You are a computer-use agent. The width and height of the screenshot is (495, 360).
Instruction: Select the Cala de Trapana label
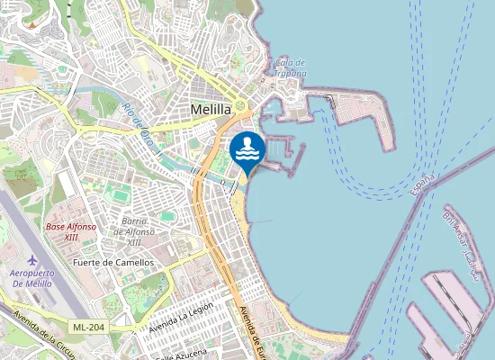click(x=291, y=67)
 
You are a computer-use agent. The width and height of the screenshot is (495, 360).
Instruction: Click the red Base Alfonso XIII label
click(x=71, y=232)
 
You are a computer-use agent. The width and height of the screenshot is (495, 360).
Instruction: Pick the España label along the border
click(x=420, y=185)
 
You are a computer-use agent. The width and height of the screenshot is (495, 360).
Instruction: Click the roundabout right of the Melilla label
click(x=241, y=107)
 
